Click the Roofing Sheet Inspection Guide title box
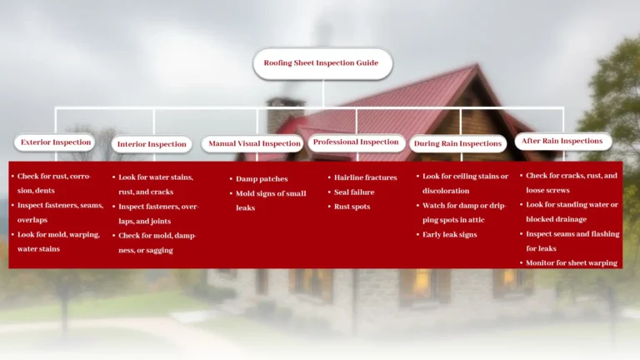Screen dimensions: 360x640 pyautogui.click(x=321, y=63)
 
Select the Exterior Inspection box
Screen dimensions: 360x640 pyautogui.click(x=55, y=142)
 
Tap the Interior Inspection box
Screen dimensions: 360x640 pyautogui.click(x=152, y=144)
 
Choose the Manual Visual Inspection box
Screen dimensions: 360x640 pyautogui.click(x=253, y=143)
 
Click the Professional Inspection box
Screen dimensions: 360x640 pyautogui.click(x=356, y=142)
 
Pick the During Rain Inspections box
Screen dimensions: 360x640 pyautogui.click(x=457, y=143)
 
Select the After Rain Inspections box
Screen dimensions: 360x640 pyautogui.click(x=562, y=142)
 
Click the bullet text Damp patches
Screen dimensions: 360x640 pyautogui.click(x=262, y=179)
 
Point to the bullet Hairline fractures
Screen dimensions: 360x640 pyautogui.click(x=365, y=177)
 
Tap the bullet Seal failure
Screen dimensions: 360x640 pyautogui.click(x=354, y=192)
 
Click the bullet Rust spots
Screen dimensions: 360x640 pyautogui.click(x=352, y=207)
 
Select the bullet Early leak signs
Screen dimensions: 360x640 pyautogui.click(x=450, y=235)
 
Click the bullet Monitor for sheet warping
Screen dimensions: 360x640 pyautogui.click(x=572, y=263)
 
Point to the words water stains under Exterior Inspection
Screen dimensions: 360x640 pyautogui.click(x=38, y=249)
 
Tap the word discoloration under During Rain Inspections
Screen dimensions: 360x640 pyautogui.click(x=446, y=191)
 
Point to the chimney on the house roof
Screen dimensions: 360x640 pyautogui.click(x=285, y=112)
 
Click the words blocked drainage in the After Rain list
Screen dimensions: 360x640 pyautogui.click(x=557, y=220)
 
